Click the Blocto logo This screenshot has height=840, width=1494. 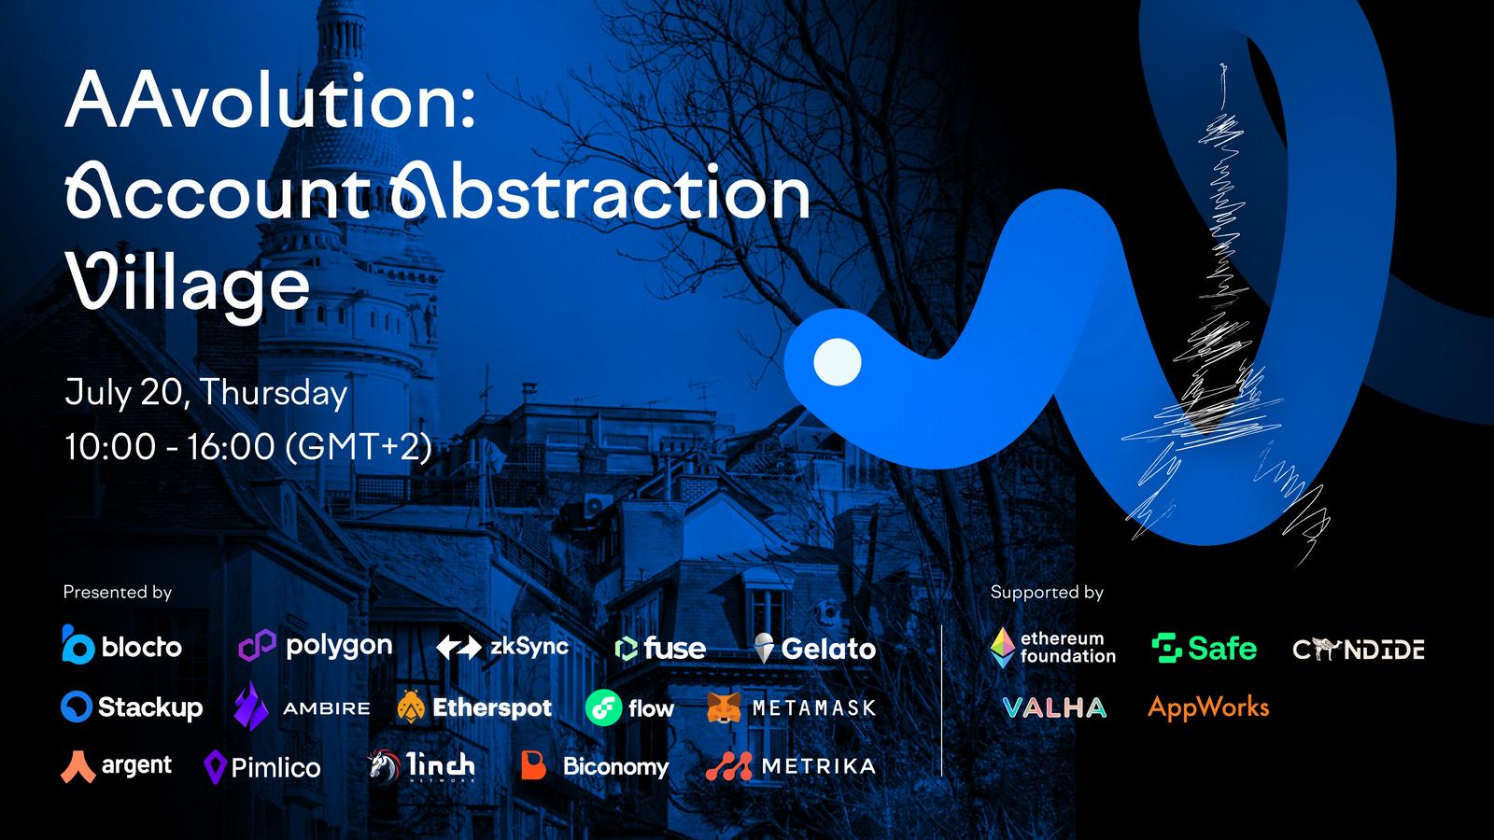pyautogui.click(x=122, y=645)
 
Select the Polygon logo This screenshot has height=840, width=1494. pyautogui.click(x=316, y=645)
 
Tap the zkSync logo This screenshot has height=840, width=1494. pyautogui.click(x=502, y=647)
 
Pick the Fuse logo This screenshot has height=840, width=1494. pyautogui.click(x=659, y=648)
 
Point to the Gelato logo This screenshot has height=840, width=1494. pyautogui.click(x=814, y=648)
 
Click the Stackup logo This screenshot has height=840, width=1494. pyautogui.click(x=132, y=707)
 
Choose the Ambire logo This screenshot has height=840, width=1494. pyautogui.click(x=303, y=707)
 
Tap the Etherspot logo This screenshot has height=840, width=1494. pyautogui.click(x=474, y=707)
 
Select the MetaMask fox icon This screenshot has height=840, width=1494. pyautogui.click(x=724, y=708)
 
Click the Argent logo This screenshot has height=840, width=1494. pyautogui.click(x=116, y=766)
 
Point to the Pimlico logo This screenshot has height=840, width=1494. pyautogui.click(x=262, y=766)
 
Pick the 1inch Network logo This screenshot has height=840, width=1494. pyautogui.click(x=421, y=766)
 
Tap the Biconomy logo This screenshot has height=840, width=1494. pyautogui.click(x=595, y=766)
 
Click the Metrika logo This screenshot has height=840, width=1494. pyautogui.click(x=791, y=766)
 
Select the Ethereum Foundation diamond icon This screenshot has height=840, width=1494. pyautogui.click(x=1002, y=648)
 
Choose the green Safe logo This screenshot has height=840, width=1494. pyautogui.click(x=1204, y=648)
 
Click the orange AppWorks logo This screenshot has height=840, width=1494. pyautogui.click(x=1208, y=707)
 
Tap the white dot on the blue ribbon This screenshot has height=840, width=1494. pyautogui.click(x=837, y=362)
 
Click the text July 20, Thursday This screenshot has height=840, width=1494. pyautogui.click(x=206, y=392)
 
